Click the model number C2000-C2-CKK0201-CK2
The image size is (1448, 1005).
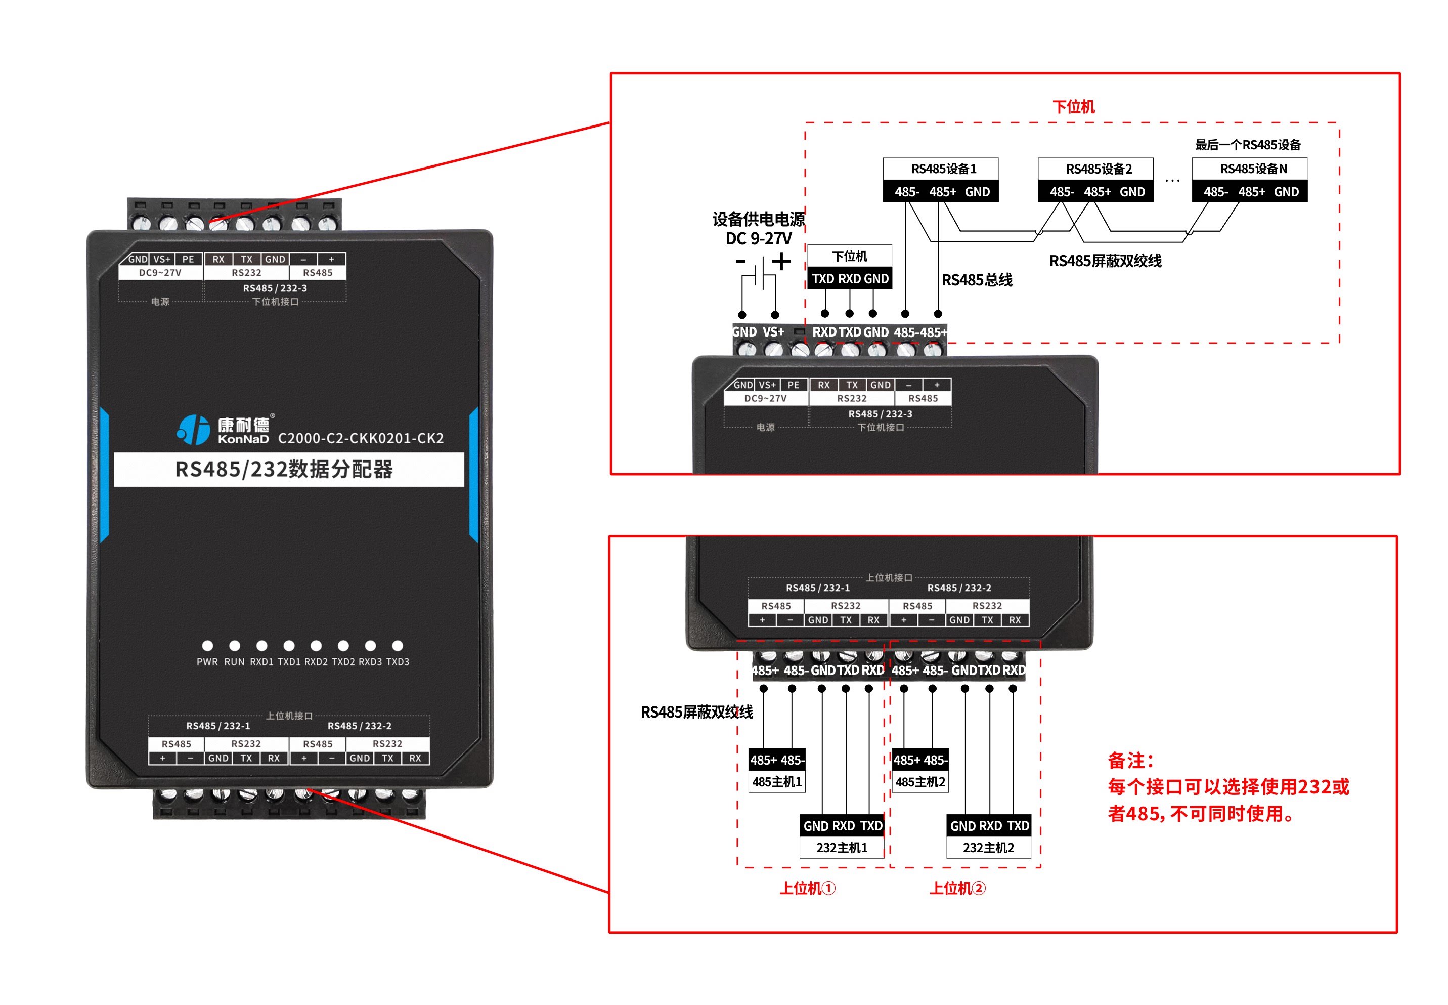[x=360, y=438]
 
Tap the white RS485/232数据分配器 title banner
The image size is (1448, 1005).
[x=288, y=469]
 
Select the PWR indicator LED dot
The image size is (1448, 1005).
[x=207, y=645]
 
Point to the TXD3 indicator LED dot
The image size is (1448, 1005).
[x=397, y=645]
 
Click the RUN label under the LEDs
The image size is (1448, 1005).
[x=234, y=662]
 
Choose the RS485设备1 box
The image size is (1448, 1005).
[x=940, y=180]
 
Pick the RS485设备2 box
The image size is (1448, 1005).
[x=1095, y=180]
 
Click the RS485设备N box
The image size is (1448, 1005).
[x=1249, y=180]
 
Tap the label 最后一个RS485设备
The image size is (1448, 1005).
[x=1247, y=145]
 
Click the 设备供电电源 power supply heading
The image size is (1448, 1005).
[x=758, y=219]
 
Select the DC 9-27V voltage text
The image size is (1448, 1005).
[x=758, y=239]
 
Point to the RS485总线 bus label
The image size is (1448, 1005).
[x=976, y=280]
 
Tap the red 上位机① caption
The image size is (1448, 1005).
[x=807, y=888]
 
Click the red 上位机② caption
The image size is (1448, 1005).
[x=957, y=888]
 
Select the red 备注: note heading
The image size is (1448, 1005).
[x=1130, y=761]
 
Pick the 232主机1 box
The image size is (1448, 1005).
[x=842, y=836]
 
